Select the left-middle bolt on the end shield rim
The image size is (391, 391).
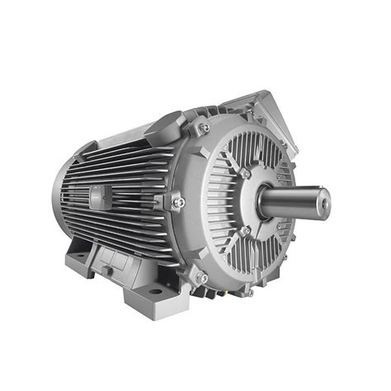(x=177, y=201)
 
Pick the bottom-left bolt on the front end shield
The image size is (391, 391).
(x=200, y=276)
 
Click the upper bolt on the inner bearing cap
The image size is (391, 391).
(x=245, y=173)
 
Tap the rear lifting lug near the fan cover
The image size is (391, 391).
(x=87, y=148)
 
